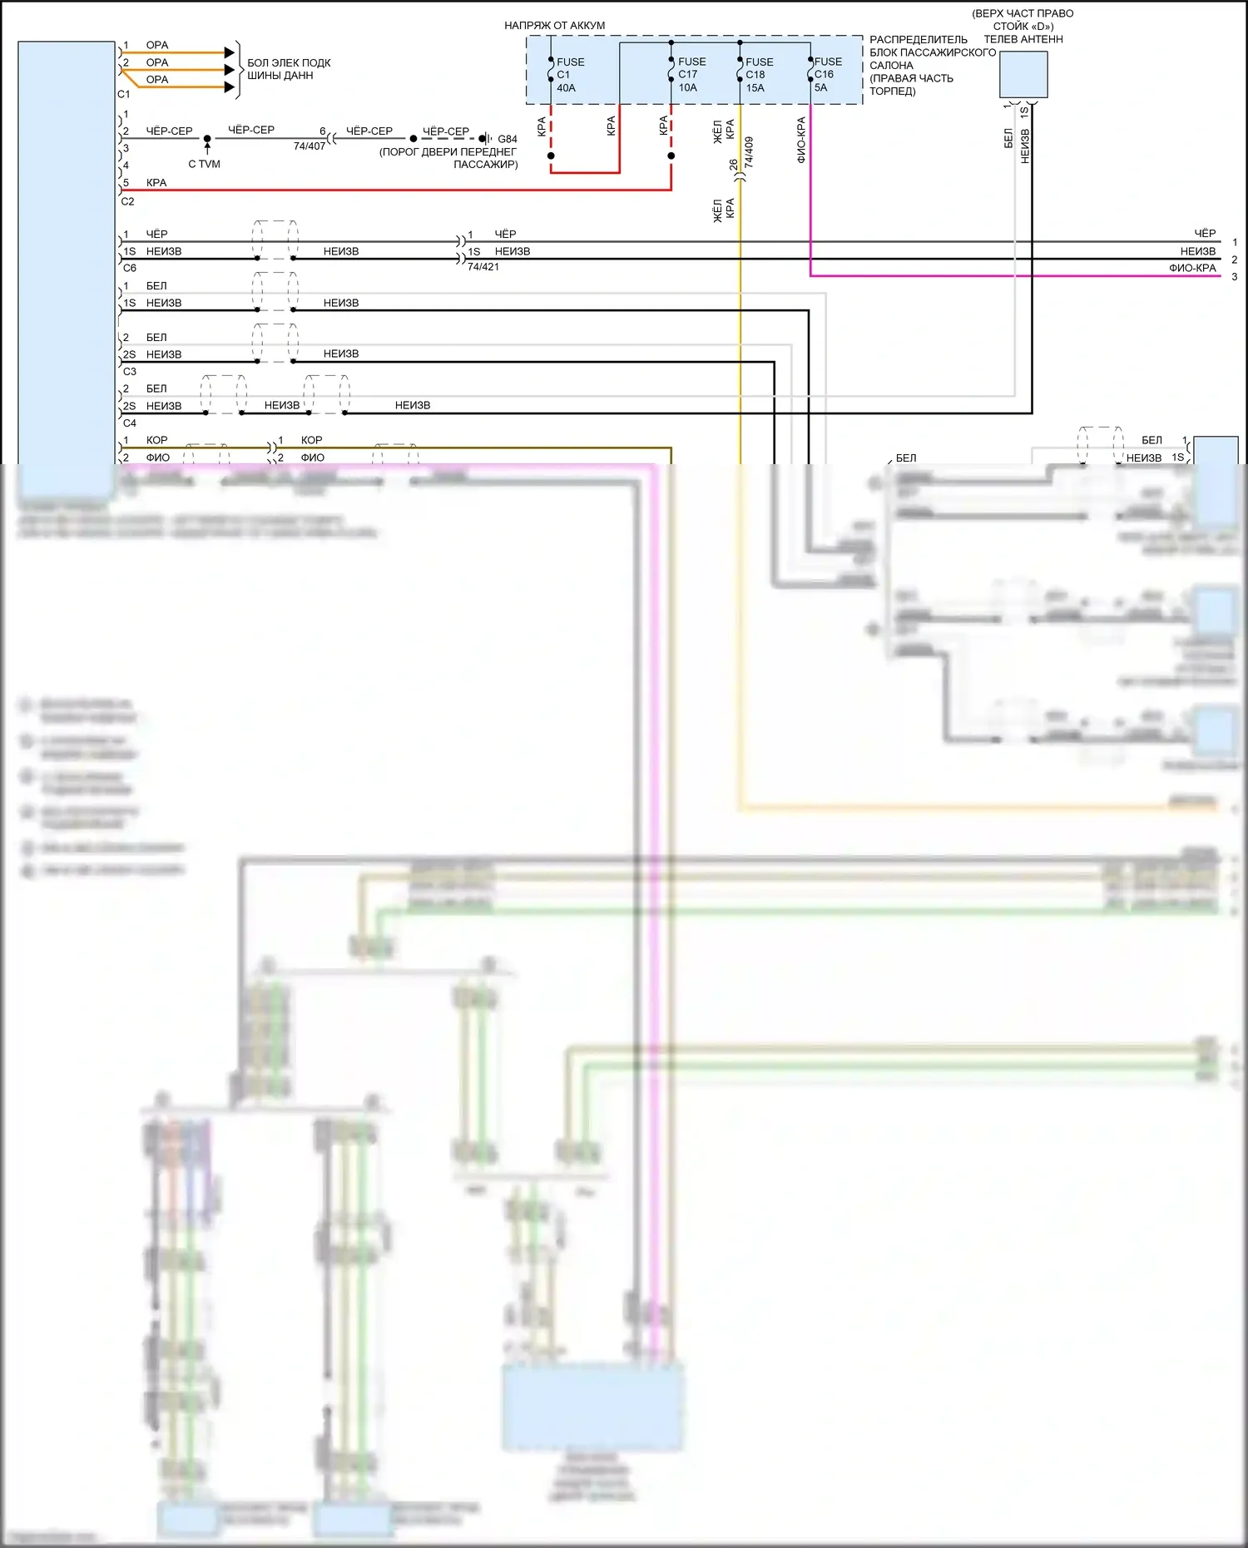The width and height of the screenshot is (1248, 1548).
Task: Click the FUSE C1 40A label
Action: [x=569, y=75]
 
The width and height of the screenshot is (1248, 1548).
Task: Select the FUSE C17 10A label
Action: [x=691, y=75]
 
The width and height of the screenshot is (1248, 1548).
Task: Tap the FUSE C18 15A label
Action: [x=758, y=75]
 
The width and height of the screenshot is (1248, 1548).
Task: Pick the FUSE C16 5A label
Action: [x=826, y=74]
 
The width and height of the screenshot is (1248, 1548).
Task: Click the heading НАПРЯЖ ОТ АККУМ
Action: [x=554, y=26]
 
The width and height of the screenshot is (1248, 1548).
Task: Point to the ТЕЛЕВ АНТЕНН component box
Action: [x=1023, y=74]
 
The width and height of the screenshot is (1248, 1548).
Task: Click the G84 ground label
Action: [x=508, y=139]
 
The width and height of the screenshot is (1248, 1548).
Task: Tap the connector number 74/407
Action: [x=310, y=146]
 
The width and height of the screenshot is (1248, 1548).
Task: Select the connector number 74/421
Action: [x=483, y=267]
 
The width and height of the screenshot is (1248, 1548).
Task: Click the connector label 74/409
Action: [x=749, y=153]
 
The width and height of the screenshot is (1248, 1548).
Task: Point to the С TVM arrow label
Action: [x=204, y=164]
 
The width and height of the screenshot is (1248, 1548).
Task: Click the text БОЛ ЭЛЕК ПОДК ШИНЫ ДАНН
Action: [x=288, y=69]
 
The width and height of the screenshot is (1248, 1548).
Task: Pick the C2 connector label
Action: [x=127, y=201]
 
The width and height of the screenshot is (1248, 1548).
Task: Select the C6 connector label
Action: [x=129, y=269]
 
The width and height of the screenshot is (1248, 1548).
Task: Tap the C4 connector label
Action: [x=129, y=423]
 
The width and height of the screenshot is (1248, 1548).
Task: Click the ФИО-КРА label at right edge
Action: [x=1191, y=268]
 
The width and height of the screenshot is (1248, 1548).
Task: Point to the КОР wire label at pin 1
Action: [x=156, y=440]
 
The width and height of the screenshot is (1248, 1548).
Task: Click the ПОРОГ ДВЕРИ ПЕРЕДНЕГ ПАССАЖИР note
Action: [x=448, y=158]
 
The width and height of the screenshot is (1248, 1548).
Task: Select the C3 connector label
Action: [x=129, y=372]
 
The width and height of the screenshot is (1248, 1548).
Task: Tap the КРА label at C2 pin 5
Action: [x=156, y=183]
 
